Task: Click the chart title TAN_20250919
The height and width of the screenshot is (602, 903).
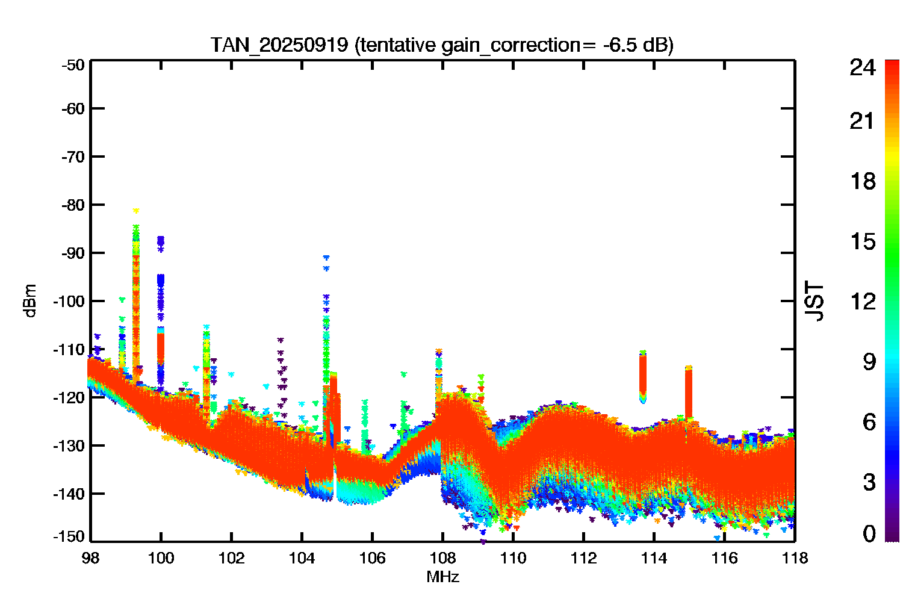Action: pos(279,45)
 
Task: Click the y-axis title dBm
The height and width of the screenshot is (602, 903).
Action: pos(30,301)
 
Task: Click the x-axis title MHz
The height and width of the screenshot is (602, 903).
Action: pos(442,577)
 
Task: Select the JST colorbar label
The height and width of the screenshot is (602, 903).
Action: pos(814,301)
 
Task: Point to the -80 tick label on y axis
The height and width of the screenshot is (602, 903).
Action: pos(73,205)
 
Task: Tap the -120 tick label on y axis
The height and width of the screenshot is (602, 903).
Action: pos(69,397)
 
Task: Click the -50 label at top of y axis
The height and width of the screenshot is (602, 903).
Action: pos(73,65)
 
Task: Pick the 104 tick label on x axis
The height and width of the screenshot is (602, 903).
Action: pos(302,558)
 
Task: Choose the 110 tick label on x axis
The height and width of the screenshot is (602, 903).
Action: pos(513,558)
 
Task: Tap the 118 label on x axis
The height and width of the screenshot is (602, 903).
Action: pos(795,558)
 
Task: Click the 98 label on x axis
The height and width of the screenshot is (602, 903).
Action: pos(91,558)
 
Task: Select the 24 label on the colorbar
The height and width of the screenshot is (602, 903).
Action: pos(862,67)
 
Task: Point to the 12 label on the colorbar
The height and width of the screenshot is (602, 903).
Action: pos(863,301)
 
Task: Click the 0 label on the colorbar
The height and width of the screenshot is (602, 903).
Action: pos(869,533)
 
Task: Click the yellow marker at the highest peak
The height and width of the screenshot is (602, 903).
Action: pos(136,211)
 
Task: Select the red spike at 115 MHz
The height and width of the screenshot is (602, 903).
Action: pos(689,393)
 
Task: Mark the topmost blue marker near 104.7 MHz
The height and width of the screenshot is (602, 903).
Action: pos(326,257)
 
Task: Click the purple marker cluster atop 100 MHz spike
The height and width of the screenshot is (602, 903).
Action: pos(161,244)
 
